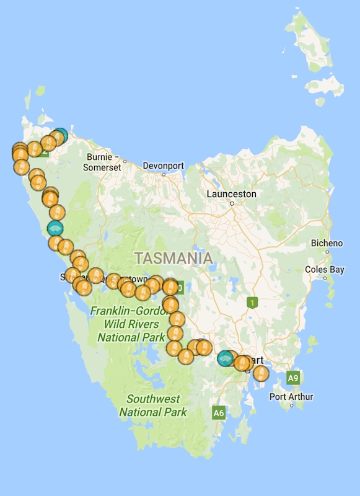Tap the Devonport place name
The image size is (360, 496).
click(x=164, y=166)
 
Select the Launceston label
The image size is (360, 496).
click(x=231, y=194)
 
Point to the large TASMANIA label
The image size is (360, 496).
click(x=173, y=258)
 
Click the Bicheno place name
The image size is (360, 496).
click(x=326, y=243)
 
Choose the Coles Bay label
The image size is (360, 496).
click(x=324, y=270)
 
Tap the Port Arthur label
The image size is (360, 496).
click(x=292, y=397)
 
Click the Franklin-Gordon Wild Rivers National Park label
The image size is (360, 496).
click(x=128, y=324)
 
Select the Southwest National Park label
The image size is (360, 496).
click(x=153, y=405)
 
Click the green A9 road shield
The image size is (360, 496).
click(x=293, y=377)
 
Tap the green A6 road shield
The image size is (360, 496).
click(x=218, y=412)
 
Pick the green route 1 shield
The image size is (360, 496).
click(x=252, y=303)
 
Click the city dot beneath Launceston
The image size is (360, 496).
click(x=232, y=203)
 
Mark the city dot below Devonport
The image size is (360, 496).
click(x=164, y=174)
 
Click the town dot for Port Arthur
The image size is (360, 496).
click(x=291, y=405)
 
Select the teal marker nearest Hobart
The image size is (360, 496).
click(x=226, y=358)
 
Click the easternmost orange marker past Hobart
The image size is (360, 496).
click(x=261, y=373)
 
